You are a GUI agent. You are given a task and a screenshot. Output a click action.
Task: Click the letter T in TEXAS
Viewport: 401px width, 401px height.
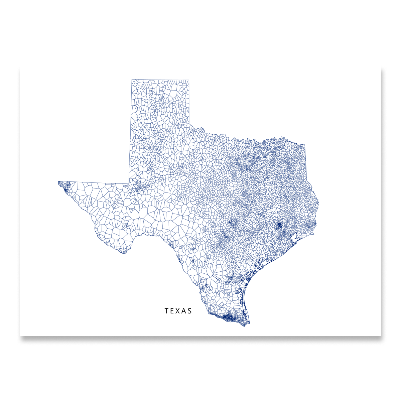(166, 311)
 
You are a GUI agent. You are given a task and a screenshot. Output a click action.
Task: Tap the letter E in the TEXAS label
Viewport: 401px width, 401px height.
(172, 311)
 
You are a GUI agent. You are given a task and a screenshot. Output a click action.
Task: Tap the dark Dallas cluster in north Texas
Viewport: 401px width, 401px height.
(248, 168)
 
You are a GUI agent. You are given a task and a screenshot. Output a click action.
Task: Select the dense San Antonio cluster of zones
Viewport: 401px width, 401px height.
(226, 237)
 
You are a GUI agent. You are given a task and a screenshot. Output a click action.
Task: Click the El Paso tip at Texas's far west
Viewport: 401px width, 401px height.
(59, 182)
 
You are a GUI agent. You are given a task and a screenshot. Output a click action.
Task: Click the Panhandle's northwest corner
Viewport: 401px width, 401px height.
(132, 80)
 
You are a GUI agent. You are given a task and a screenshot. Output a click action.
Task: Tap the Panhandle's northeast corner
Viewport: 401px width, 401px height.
(189, 80)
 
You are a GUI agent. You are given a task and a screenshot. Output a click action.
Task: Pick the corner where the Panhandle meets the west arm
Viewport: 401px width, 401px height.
(129, 184)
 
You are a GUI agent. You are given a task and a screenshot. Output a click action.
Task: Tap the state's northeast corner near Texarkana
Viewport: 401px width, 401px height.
(305, 145)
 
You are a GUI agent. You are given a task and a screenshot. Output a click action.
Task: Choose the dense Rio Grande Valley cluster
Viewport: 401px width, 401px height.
(228, 316)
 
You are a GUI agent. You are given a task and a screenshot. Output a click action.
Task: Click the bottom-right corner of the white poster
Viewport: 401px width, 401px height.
(381, 336)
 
